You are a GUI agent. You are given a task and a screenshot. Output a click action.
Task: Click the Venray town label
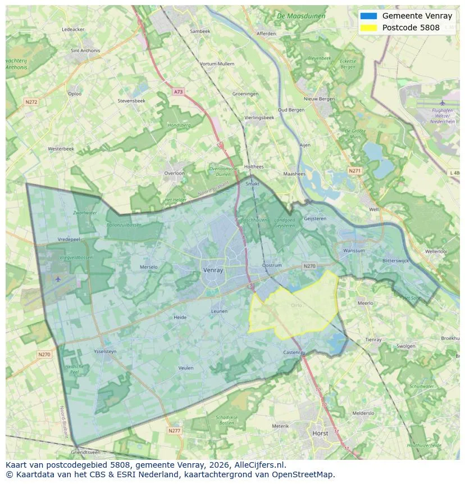click(x=213, y=270)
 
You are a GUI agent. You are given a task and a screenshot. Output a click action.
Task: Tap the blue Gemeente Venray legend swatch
click(x=369, y=16)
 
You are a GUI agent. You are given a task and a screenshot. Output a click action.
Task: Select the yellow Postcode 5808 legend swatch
click(x=369, y=27)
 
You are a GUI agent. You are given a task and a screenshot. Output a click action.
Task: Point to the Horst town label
click(x=320, y=433)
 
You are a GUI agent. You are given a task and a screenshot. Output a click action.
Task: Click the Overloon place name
click(x=174, y=173)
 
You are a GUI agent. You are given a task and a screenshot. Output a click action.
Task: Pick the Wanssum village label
click(x=354, y=251)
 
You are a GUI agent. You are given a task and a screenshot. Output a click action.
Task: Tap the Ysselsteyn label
click(x=105, y=351)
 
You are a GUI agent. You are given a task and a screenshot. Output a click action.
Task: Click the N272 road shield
click(x=31, y=102)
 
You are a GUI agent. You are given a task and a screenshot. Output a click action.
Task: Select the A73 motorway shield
click(x=178, y=91)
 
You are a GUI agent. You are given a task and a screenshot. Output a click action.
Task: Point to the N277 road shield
click(x=175, y=431)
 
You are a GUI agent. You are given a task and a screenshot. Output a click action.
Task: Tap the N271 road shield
click(x=354, y=170)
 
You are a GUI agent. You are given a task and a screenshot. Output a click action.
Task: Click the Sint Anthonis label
click(x=85, y=51)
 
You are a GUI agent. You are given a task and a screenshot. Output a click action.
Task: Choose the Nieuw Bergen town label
click(x=319, y=99)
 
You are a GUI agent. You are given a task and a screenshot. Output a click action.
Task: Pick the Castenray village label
click(x=294, y=352)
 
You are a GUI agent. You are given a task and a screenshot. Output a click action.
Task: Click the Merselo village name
click(x=149, y=267)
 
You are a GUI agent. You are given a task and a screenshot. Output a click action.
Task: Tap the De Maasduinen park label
click(x=301, y=16)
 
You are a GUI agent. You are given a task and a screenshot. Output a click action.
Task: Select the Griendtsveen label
click(x=85, y=452)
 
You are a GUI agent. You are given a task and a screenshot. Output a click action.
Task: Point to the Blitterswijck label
click(x=398, y=261)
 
